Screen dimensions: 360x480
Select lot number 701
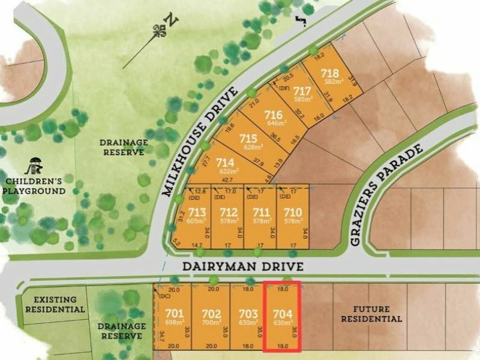[174, 313]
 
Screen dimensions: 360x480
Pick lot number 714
[225, 163]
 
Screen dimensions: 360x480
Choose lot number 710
[292, 212]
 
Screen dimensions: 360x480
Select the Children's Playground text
[34, 185]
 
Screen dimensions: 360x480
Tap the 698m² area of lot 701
[174, 322]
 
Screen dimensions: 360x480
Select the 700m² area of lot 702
[211, 322]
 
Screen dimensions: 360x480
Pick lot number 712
[229, 212]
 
